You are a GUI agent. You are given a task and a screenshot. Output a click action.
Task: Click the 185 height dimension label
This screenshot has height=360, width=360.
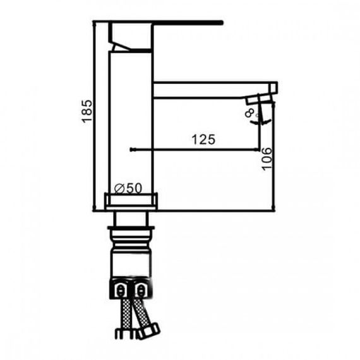point(88,111)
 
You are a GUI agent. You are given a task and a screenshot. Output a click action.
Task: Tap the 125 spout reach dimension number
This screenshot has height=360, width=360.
point(203,140)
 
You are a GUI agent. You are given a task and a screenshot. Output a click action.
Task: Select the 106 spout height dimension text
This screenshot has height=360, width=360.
point(267,159)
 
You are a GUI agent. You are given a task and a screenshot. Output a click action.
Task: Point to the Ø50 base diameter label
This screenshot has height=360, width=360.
point(128,188)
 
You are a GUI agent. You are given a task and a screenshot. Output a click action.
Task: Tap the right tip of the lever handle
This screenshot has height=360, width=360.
point(222,23)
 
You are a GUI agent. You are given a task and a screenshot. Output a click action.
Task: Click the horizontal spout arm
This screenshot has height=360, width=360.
point(215,90)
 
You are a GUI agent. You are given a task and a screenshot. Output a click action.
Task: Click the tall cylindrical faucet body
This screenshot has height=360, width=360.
point(130,122)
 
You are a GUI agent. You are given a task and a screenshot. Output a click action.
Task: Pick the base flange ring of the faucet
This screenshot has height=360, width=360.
point(131,201)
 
